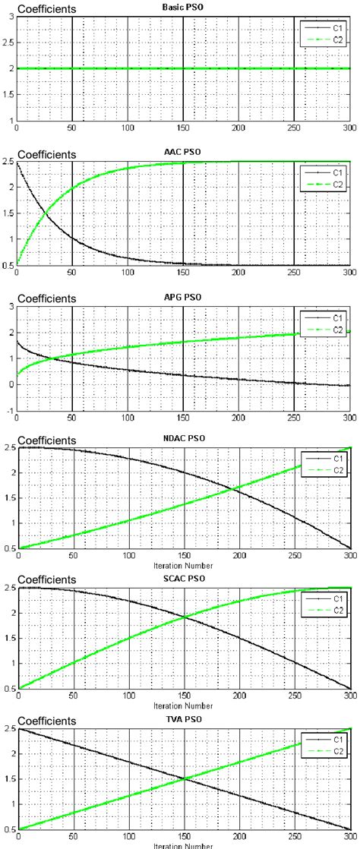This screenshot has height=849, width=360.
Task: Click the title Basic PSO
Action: click(x=182, y=7)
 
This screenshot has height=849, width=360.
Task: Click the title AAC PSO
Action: click(x=182, y=152)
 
